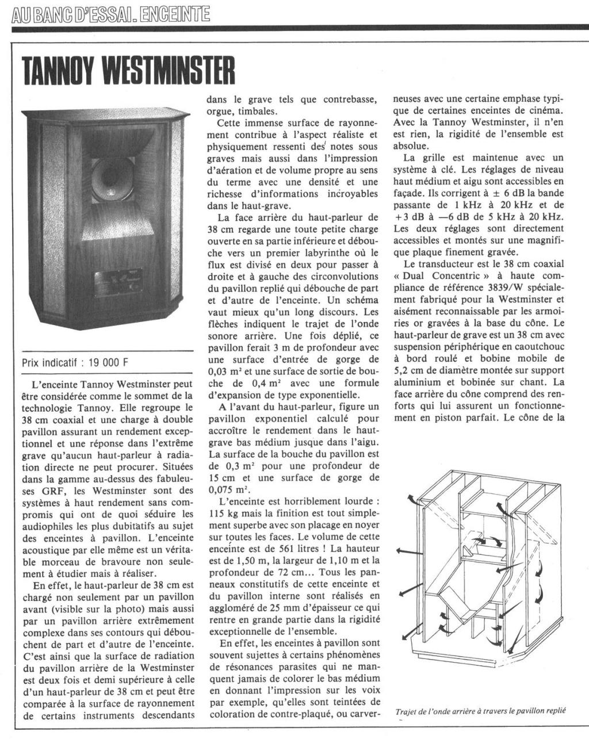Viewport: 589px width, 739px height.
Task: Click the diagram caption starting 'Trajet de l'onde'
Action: coord(480,711)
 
